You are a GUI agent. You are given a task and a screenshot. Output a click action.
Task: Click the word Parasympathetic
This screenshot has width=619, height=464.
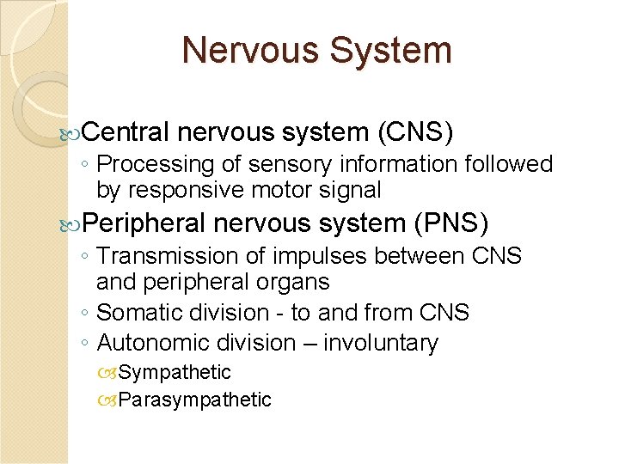195,400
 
